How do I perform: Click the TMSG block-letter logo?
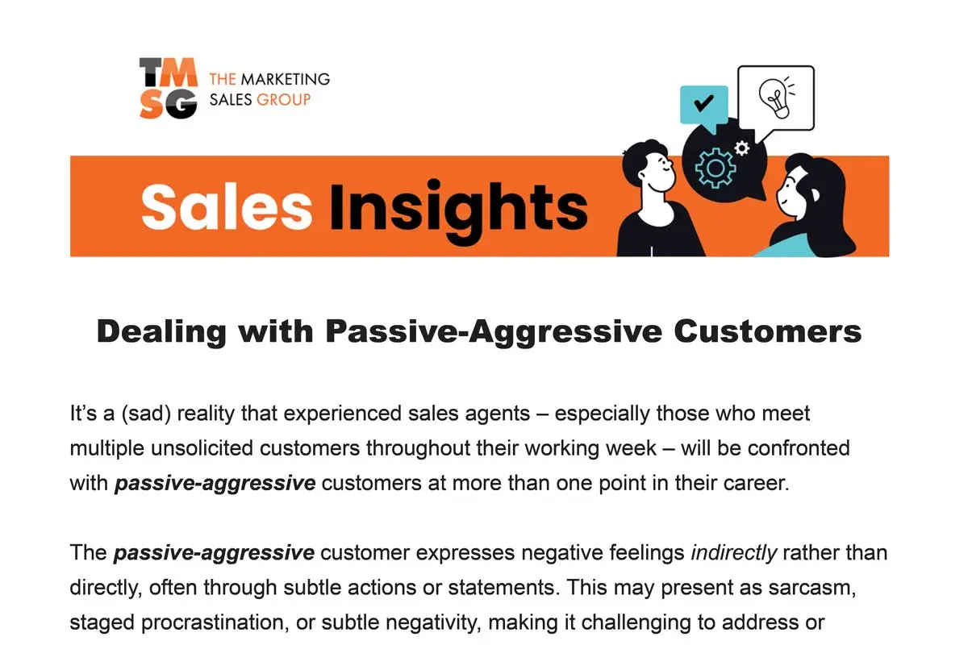pos(169,88)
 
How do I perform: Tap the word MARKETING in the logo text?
pos(286,79)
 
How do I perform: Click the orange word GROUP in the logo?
pos(283,100)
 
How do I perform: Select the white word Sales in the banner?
pos(227,207)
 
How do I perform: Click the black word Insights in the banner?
pos(458,212)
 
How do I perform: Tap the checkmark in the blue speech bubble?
pos(703,103)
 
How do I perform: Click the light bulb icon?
pos(777,98)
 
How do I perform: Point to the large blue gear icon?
pos(716,168)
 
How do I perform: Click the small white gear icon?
pos(742,148)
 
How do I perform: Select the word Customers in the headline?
pos(767,332)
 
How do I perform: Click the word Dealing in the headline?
pos(161,333)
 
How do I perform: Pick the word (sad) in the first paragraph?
pos(146,414)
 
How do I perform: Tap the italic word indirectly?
pos(734,552)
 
